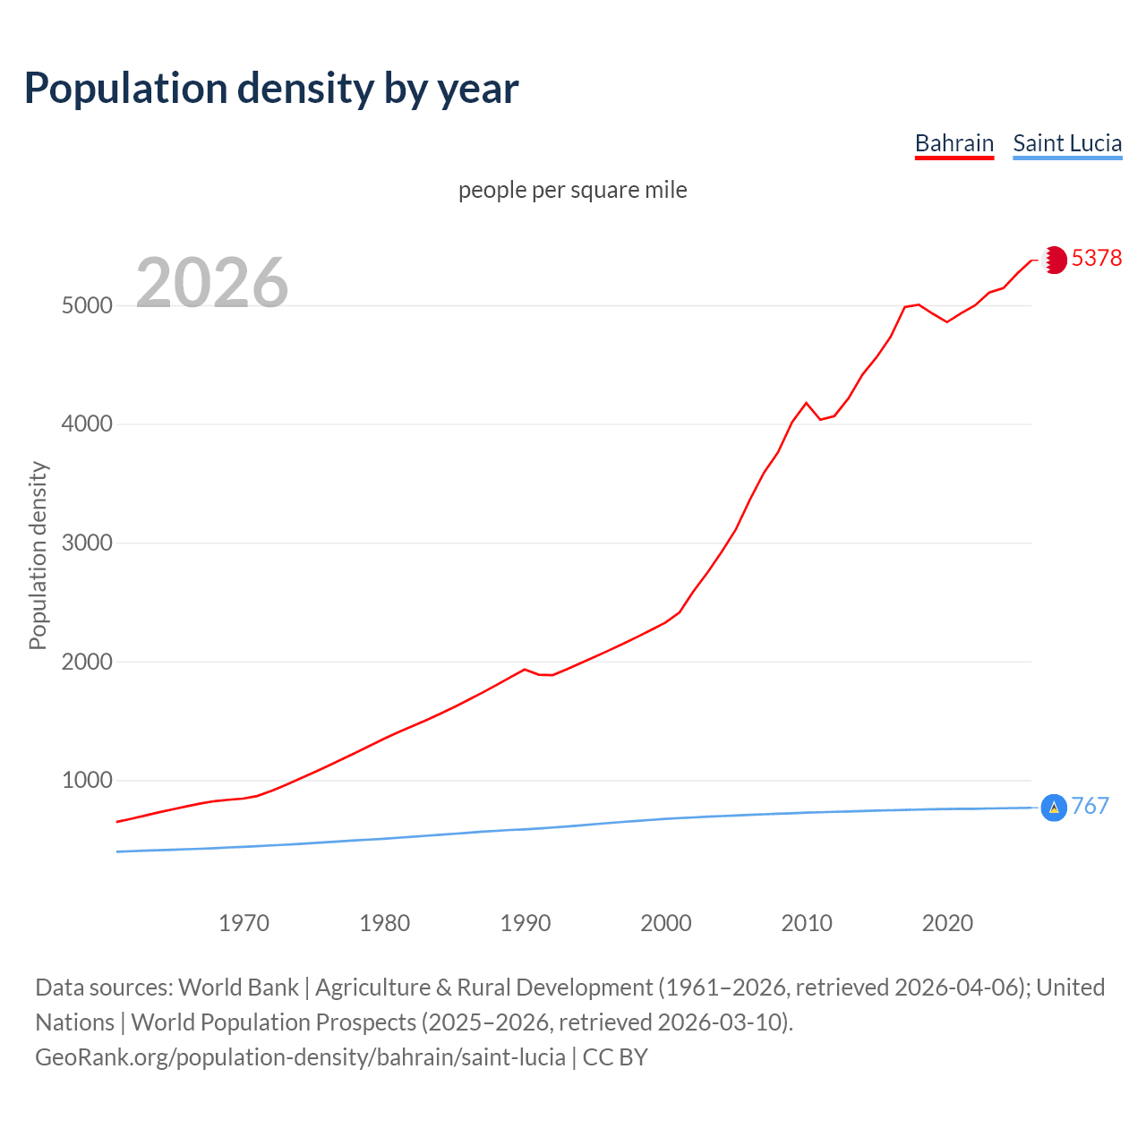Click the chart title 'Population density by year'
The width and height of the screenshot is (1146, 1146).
(x=271, y=89)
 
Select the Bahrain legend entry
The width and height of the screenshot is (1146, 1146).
(x=954, y=143)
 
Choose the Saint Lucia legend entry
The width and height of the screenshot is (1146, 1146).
(x=1067, y=143)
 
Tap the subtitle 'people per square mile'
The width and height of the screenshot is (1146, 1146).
(x=572, y=190)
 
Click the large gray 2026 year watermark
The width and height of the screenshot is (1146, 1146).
(x=212, y=283)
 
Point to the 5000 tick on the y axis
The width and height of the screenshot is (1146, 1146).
(x=87, y=305)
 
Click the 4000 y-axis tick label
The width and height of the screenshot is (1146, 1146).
(x=87, y=423)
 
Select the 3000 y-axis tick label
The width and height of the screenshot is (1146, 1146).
(x=87, y=543)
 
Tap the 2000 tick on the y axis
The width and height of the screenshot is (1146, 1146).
(x=87, y=662)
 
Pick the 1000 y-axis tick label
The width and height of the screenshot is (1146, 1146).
(x=87, y=780)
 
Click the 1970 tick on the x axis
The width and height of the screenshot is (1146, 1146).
(x=244, y=922)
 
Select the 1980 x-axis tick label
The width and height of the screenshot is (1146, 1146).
(x=384, y=922)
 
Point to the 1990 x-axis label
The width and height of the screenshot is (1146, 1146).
(x=526, y=922)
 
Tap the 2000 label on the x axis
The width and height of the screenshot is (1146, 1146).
(x=666, y=922)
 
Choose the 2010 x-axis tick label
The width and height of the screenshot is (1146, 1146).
(x=807, y=922)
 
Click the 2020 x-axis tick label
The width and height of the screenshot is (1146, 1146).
(x=947, y=922)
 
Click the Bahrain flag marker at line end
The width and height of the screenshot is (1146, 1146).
(x=1055, y=260)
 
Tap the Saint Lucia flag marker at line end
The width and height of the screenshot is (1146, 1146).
(x=1054, y=808)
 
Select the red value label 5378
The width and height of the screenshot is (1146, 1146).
(x=1097, y=258)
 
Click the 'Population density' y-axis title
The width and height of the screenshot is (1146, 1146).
(x=38, y=555)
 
